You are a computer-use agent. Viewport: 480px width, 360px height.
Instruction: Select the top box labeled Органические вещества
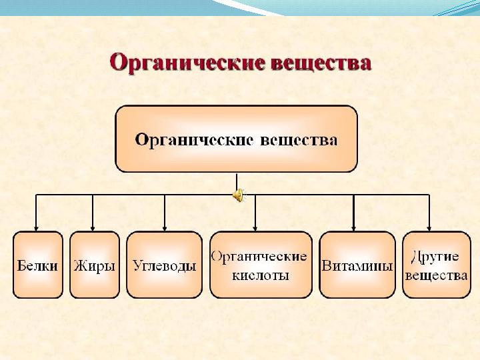click(x=236, y=139)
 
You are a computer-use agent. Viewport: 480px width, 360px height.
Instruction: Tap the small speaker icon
click(x=237, y=195)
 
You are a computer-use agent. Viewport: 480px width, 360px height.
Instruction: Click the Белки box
click(x=37, y=265)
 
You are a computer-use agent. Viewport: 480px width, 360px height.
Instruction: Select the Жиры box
click(x=95, y=265)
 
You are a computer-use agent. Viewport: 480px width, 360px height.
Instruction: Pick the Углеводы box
click(x=164, y=265)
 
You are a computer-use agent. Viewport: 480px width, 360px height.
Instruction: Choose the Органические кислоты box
click(x=260, y=265)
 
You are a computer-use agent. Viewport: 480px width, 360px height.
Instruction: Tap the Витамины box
click(x=357, y=265)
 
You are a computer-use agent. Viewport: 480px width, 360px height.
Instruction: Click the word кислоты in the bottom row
click(x=261, y=275)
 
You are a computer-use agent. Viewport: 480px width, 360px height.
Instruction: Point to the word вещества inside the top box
click(x=299, y=140)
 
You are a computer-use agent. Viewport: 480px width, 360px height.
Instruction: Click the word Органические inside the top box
click(x=194, y=140)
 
